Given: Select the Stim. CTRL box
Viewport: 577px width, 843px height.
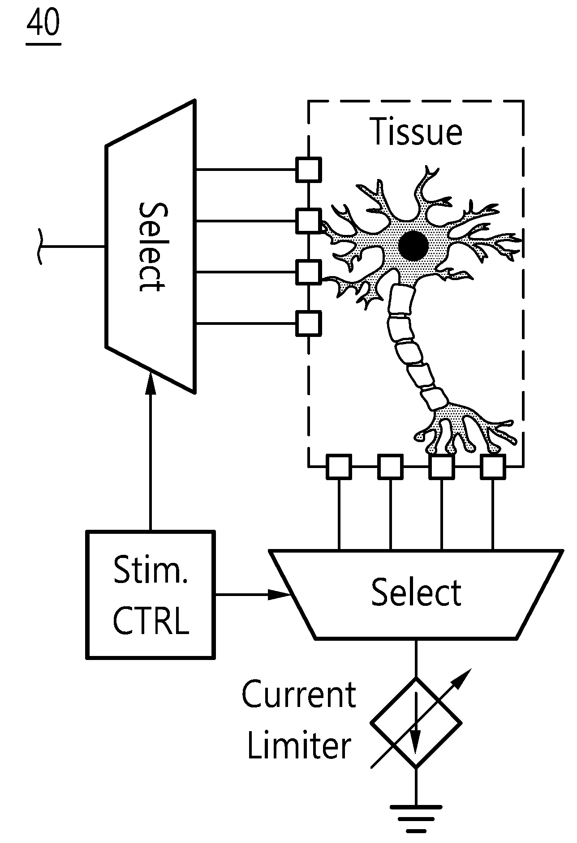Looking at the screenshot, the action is tap(151, 595).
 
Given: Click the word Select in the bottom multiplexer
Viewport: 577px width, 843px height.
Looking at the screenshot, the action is tap(417, 592).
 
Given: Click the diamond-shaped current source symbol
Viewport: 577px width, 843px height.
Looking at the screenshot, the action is tap(416, 723).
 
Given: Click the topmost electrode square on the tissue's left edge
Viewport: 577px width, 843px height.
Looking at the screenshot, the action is tap(309, 170).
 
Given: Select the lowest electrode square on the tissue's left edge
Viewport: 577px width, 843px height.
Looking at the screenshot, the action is tap(309, 323).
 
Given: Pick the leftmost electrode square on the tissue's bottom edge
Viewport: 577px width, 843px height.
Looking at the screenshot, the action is tap(339, 467).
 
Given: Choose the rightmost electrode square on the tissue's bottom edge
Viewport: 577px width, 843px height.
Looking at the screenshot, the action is tap(493, 467).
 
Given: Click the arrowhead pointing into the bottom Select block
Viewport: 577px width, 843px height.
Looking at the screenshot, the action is tap(280, 595).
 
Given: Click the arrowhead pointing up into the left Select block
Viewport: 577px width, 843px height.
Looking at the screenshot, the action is tap(151, 383).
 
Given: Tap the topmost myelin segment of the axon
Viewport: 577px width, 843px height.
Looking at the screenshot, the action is tap(400, 299).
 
